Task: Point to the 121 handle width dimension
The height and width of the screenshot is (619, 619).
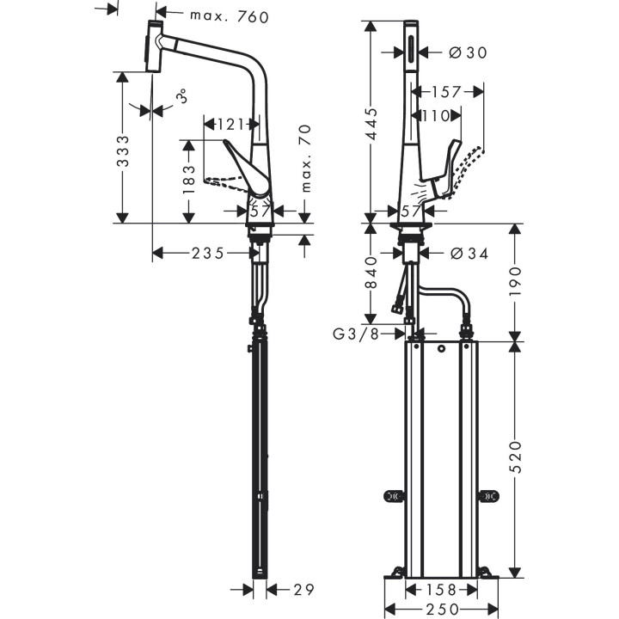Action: (230, 125)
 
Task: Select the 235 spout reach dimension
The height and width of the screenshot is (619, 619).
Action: (207, 253)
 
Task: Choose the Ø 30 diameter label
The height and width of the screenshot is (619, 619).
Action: (468, 52)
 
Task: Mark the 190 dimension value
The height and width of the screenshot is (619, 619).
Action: (514, 279)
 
